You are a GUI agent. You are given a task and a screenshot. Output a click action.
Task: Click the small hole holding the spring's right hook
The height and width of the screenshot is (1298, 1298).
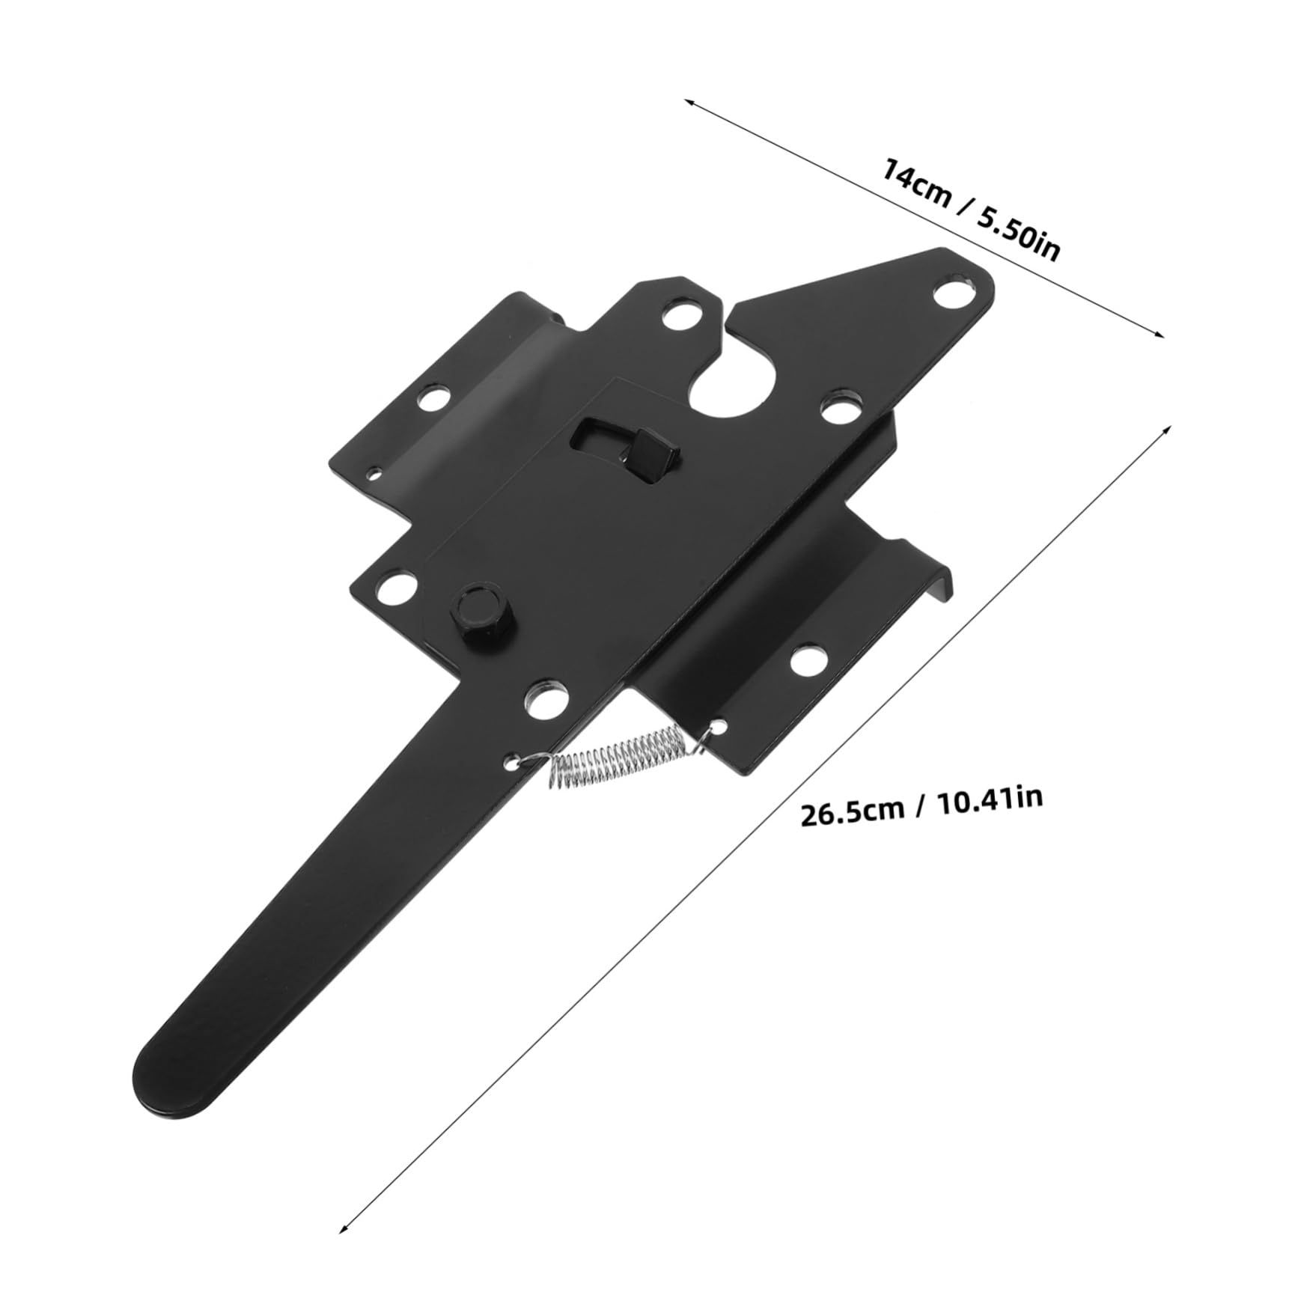pos(719,725)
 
